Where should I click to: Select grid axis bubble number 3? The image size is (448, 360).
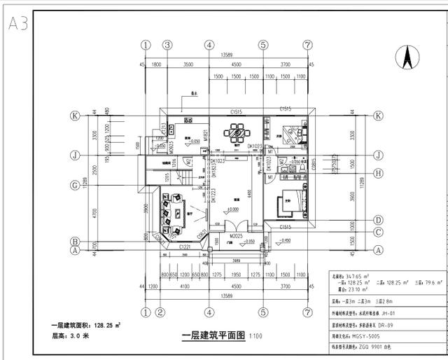[167, 45]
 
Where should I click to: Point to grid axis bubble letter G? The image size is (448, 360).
[73, 186]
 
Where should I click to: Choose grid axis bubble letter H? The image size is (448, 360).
[377, 173]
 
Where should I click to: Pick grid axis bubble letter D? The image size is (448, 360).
[377, 219]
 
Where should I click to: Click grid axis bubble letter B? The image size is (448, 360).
[73, 241]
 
